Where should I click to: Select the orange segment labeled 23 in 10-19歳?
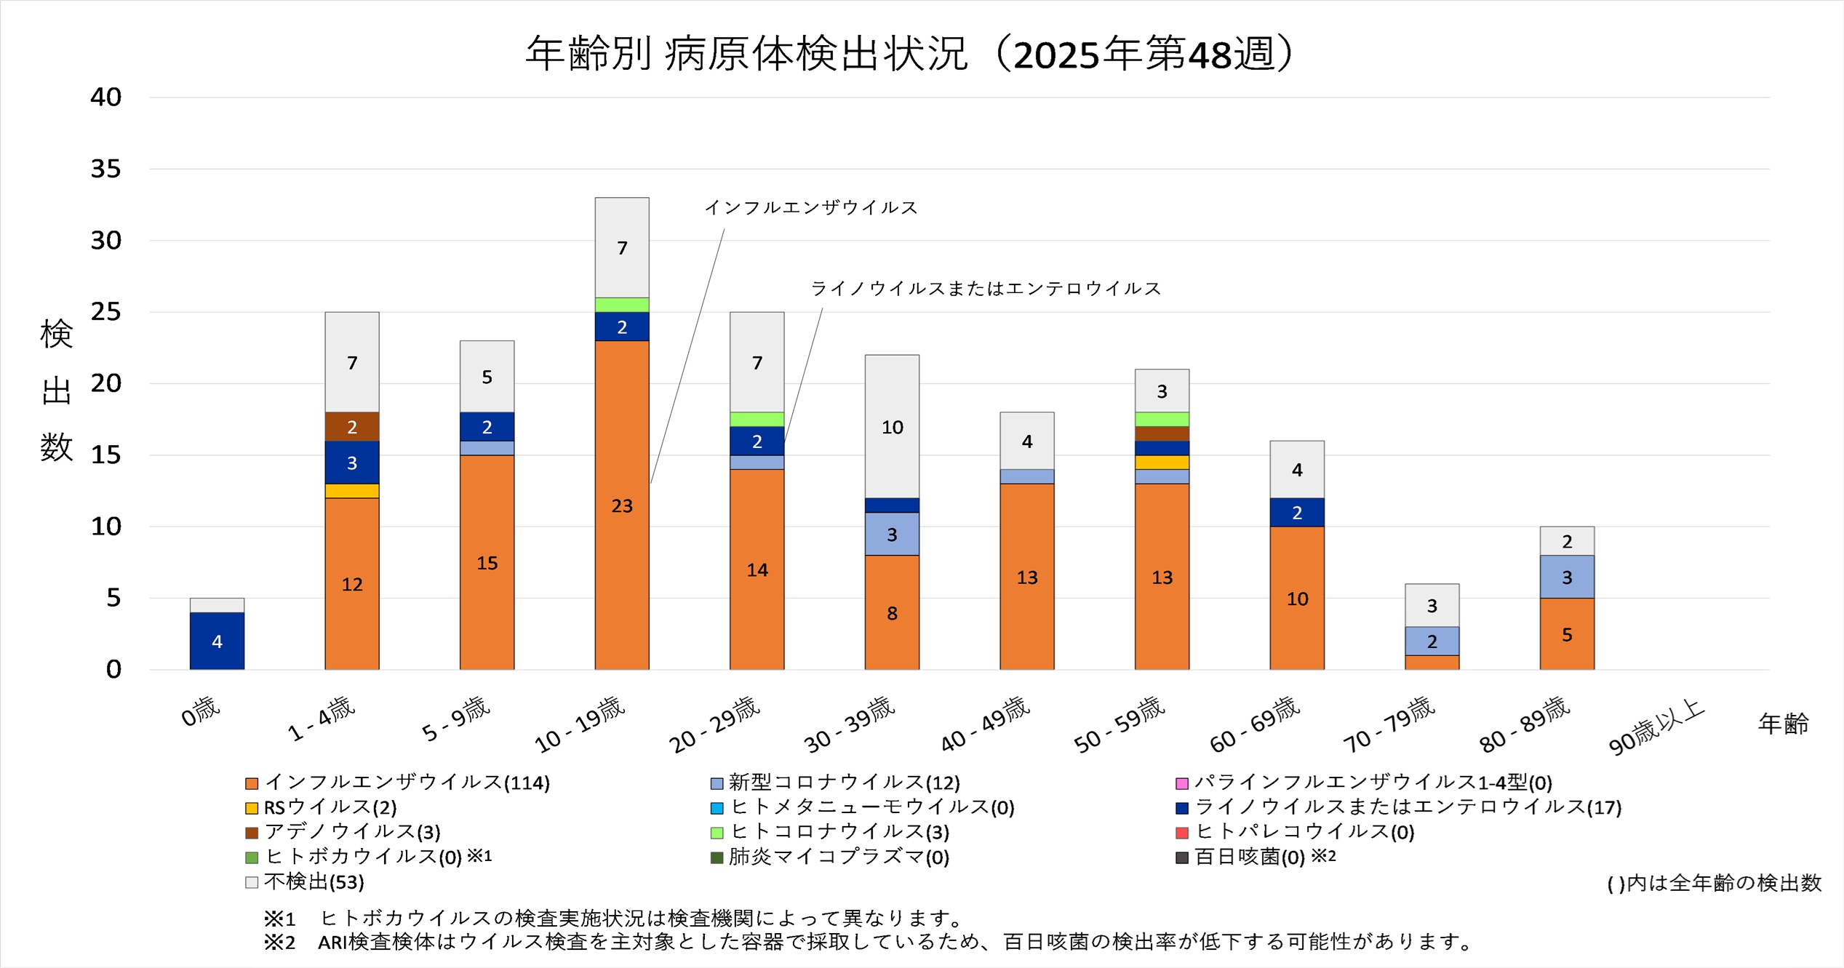(x=622, y=505)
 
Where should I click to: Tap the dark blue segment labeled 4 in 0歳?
(x=217, y=641)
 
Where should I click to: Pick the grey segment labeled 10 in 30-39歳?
(x=892, y=427)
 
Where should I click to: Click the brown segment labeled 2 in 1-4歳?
(x=352, y=427)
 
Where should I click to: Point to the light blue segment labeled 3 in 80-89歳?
(x=1567, y=577)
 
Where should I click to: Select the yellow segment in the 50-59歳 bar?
(x=1162, y=463)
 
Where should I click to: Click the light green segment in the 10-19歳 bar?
(x=622, y=305)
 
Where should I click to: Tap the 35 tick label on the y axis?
(x=105, y=169)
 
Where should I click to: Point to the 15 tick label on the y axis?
(x=105, y=455)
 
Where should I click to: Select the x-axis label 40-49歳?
(x=986, y=724)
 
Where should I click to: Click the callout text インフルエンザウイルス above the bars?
(x=811, y=208)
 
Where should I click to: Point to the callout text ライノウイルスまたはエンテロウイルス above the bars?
(x=986, y=289)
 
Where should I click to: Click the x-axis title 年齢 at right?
(x=1783, y=724)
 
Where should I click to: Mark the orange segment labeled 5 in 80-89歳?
(x=1567, y=634)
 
